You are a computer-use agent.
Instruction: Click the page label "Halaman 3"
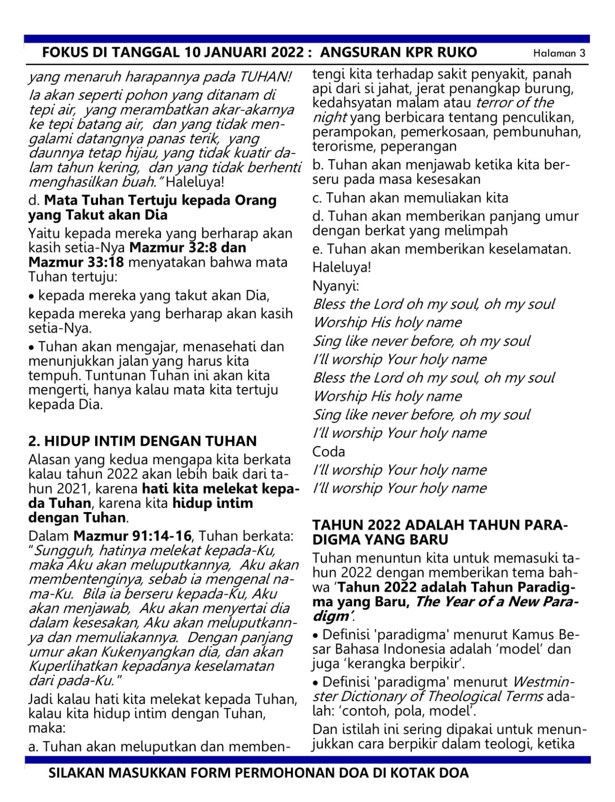[x=559, y=53]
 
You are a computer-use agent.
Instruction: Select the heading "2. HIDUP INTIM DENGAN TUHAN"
[x=143, y=441]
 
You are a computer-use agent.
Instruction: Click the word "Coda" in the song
[x=329, y=451]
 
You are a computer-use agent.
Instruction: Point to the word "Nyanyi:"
[x=336, y=286]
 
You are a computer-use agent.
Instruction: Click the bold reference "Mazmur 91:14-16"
[x=133, y=535]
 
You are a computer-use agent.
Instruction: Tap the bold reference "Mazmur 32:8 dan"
[x=188, y=248]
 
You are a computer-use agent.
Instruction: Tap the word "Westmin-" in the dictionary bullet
[x=543, y=682]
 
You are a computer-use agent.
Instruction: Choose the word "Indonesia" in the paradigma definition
[x=414, y=649]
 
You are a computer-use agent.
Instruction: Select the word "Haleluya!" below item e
[x=342, y=267]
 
